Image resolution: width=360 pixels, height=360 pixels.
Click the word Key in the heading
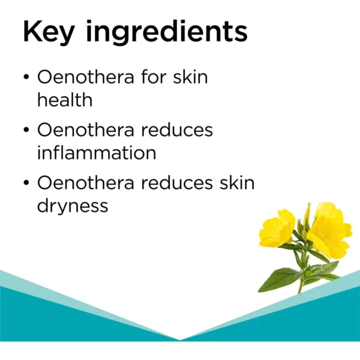pyautogui.click(x=49, y=32)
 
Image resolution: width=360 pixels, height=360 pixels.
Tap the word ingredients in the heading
pyautogui.click(x=167, y=32)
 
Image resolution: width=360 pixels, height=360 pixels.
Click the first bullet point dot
pyautogui.click(x=26, y=77)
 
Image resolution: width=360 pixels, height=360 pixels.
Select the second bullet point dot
pyautogui.click(x=26, y=130)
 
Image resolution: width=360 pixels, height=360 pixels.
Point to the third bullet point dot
pyautogui.click(x=26, y=182)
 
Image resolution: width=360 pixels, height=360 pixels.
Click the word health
pyautogui.click(x=65, y=100)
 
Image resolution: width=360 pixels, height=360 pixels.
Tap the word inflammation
pyautogui.click(x=97, y=152)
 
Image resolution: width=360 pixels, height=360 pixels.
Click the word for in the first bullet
pyautogui.click(x=154, y=76)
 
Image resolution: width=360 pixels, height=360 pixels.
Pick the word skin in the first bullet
pyautogui.click(x=191, y=76)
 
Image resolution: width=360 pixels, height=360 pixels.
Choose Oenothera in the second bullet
pyautogui.click(x=86, y=129)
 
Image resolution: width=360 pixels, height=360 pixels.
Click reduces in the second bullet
pyautogui.click(x=177, y=129)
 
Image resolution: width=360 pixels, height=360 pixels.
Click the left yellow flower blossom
pyautogui.click(x=277, y=228)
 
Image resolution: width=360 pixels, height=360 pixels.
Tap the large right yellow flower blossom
pyautogui.click(x=329, y=232)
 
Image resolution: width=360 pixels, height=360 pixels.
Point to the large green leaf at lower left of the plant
pyautogui.click(x=278, y=280)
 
